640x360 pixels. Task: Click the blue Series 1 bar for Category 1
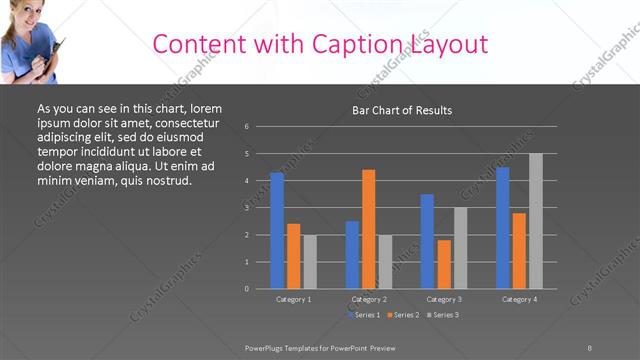[277, 230]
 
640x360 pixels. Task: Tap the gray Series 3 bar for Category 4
[536, 221]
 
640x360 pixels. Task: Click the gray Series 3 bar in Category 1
[310, 262]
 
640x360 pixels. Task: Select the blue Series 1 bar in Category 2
[352, 255]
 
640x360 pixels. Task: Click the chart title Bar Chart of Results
[403, 110]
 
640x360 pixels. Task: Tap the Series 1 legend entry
[363, 315]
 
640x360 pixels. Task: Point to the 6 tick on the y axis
[247, 127]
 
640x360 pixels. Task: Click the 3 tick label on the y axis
[247, 208]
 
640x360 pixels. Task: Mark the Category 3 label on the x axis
[444, 299]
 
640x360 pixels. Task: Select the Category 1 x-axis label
[294, 299]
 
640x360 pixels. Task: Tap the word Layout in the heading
[449, 44]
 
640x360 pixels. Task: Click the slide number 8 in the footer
[589, 347]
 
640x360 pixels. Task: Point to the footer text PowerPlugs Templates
[290, 347]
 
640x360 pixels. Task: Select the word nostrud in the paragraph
[162, 180]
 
